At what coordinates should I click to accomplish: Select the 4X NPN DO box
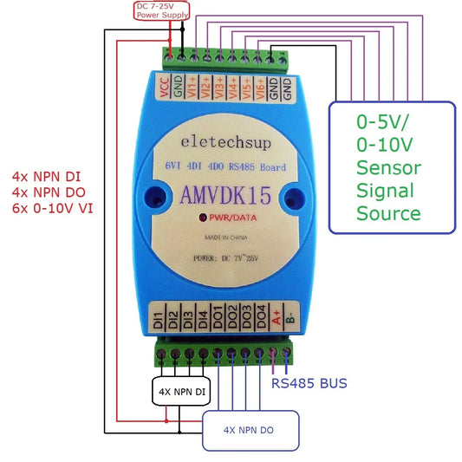[x=251, y=430]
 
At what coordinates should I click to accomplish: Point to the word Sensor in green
[x=389, y=167]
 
